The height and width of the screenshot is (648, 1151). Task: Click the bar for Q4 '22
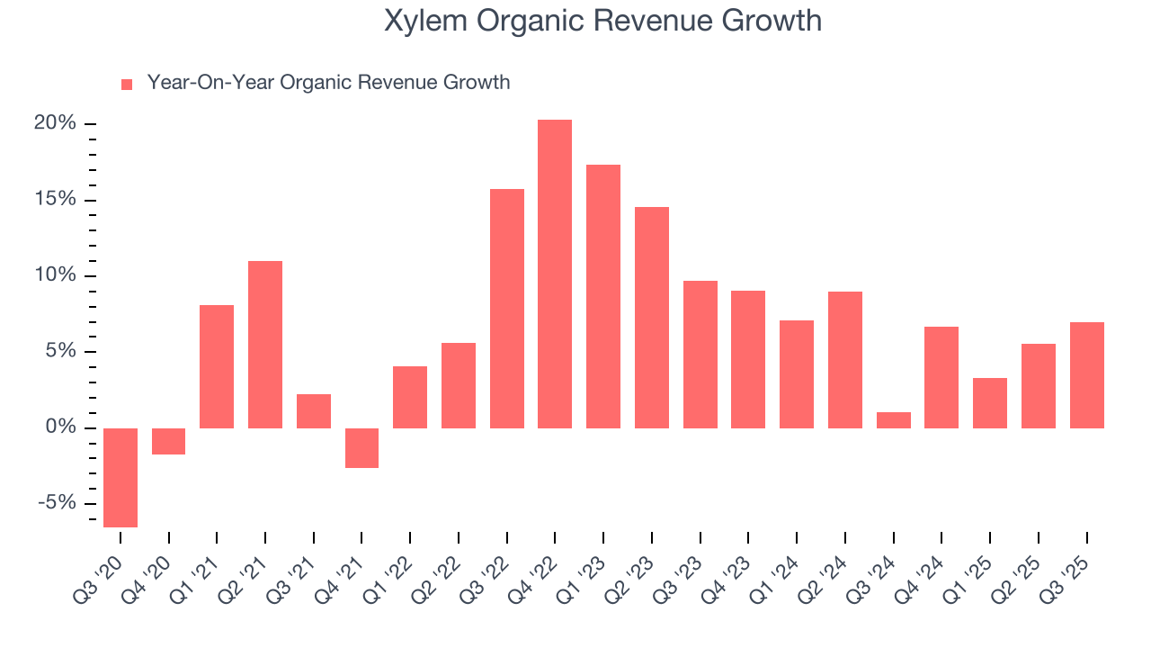click(555, 274)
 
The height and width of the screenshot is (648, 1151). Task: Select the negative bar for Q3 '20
click(120, 477)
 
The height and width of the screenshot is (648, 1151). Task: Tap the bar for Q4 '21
click(361, 447)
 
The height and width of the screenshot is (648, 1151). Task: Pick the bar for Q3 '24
click(894, 419)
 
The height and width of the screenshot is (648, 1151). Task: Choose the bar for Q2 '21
click(265, 344)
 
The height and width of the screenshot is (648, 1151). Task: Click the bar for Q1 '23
click(603, 296)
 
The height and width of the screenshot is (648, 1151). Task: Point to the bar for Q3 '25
click(1087, 374)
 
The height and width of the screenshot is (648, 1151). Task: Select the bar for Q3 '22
click(507, 308)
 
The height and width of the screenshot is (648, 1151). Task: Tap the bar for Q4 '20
click(169, 441)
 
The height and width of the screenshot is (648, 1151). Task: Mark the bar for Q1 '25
click(990, 402)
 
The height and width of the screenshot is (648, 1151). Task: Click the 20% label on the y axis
click(55, 123)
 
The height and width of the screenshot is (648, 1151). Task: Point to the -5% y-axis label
click(55, 503)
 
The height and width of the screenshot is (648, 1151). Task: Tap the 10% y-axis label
click(55, 275)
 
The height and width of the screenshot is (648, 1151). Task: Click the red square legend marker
click(127, 84)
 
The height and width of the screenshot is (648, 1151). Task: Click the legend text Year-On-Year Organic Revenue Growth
click(328, 83)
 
